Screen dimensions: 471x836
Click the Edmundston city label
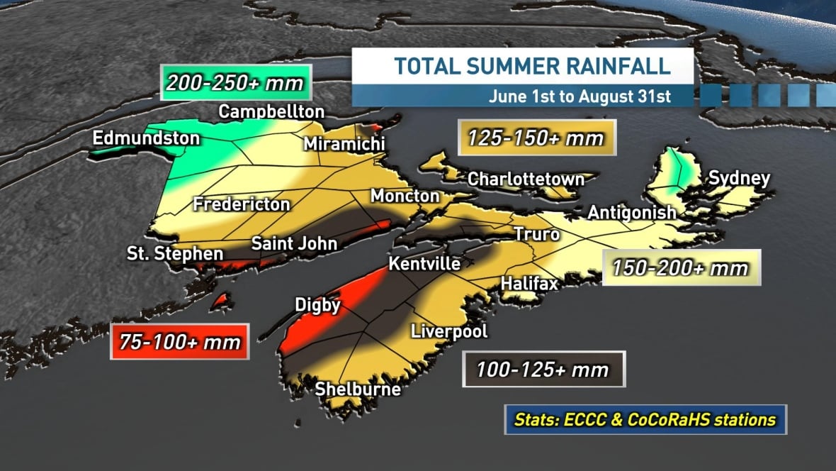tap(146, 138)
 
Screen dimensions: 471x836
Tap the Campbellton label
tap(271, 111)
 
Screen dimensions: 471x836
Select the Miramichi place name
tap(344, 144)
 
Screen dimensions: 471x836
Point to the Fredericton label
tap(242, 204)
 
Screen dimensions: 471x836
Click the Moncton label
tap(405, 196)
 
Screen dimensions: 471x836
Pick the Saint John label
tap(294, 243)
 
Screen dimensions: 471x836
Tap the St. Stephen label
tap(175, 253)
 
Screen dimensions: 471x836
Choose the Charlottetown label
tap(526, 179)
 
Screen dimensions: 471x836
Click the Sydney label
tap(739, 178)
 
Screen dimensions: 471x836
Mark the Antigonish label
tap(632, 212)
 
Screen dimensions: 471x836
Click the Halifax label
tap(529, 283)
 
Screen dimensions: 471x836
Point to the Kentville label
tap(424, 264)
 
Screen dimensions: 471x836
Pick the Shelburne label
tap(358, 389)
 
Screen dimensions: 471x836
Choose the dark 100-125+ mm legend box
tap(543, 370)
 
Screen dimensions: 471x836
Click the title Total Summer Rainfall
tap(532, 67)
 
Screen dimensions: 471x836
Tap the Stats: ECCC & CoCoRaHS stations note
tap(645, 419)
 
